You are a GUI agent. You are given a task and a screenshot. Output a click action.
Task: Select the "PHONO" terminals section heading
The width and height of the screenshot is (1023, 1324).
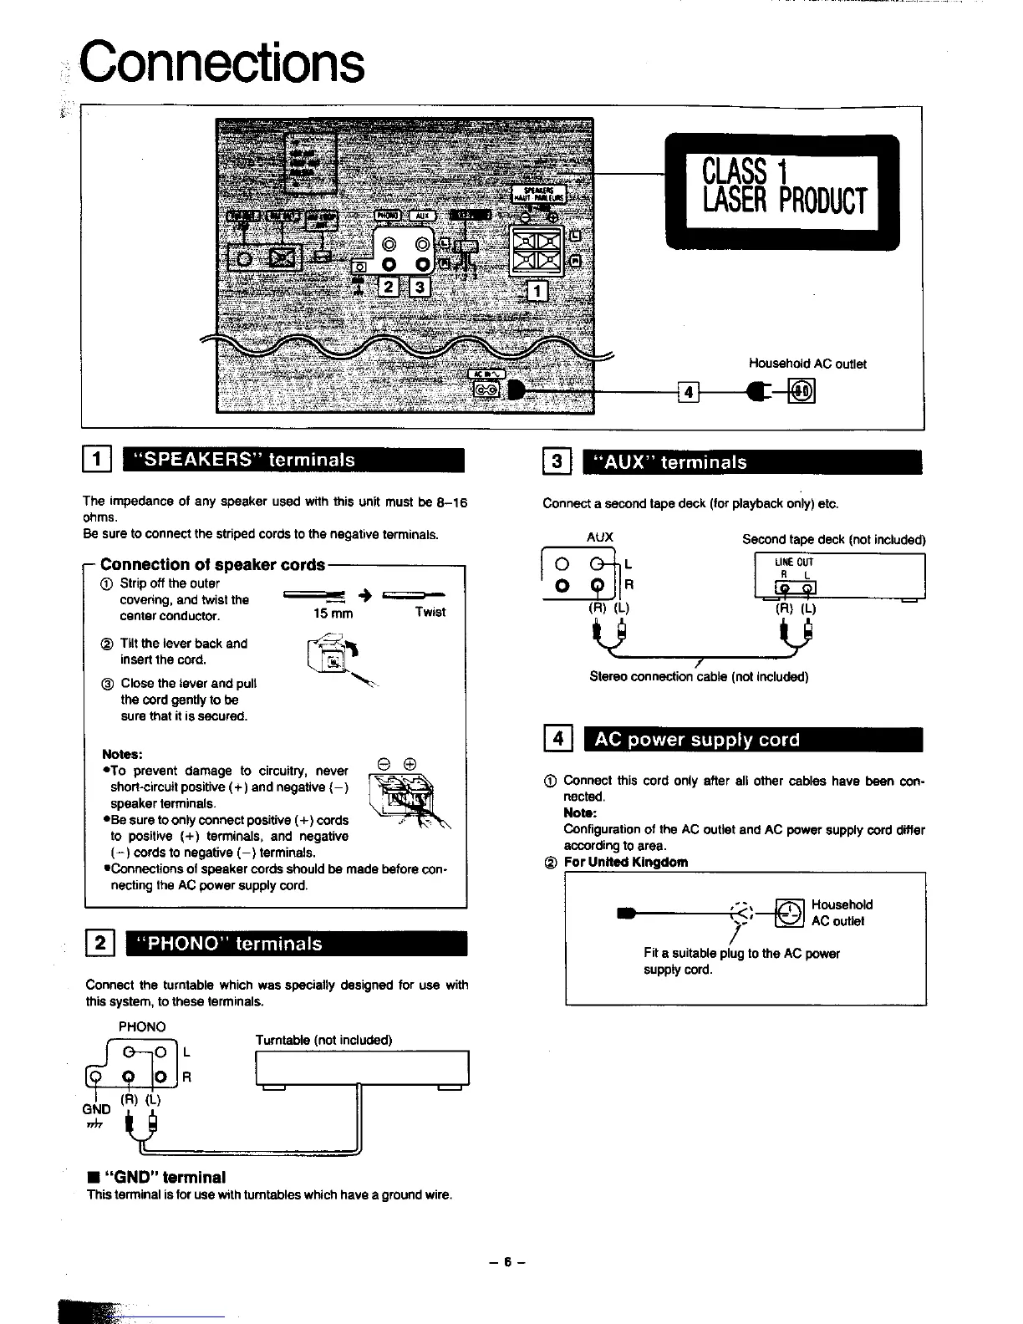tap(295, 944)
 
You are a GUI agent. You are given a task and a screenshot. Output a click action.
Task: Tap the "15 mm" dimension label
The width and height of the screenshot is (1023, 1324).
tap(333, 613)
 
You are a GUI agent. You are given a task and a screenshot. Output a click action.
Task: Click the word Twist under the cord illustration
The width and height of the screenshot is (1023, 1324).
tap(430, 612)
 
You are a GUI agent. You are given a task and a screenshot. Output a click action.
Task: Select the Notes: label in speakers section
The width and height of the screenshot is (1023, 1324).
tap(123, 754)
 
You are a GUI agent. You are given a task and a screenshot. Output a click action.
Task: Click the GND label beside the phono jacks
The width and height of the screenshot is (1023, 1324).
tap(97, 1109)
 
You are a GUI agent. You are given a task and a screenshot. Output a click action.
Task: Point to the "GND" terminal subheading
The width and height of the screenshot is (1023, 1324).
tap(156, 1177)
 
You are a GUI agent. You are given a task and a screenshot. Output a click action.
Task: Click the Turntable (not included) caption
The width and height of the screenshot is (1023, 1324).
tap(323, 1040)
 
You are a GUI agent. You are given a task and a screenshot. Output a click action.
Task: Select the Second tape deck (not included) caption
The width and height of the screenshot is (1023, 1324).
tap(833, 539)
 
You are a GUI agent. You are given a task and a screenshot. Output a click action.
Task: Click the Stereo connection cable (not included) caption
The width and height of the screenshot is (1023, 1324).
tap(699, 676)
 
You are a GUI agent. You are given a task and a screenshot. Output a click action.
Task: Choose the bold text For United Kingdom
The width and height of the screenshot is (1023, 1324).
tap(626, 862)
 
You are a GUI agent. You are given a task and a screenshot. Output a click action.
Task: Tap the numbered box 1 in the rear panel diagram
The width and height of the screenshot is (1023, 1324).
tap(537, 290)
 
